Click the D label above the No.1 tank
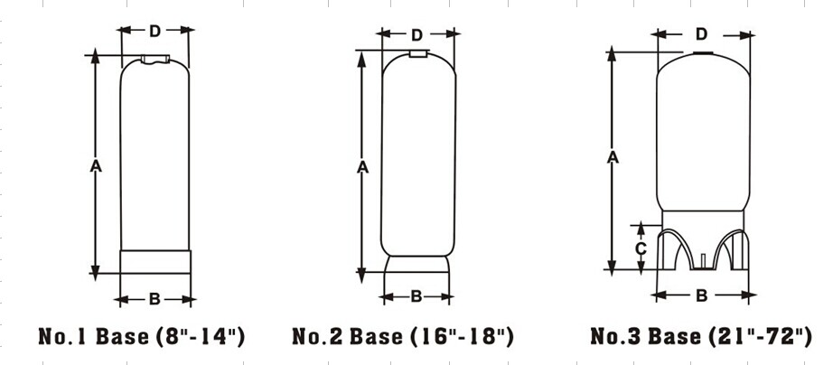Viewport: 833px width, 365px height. (154, 32)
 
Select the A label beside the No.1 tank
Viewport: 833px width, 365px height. (96, 167)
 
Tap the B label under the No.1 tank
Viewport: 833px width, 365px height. (154, 299)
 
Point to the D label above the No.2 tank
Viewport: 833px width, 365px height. (417, 35)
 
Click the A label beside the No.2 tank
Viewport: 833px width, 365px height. (362, 167)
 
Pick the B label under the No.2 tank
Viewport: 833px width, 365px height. (416, 296)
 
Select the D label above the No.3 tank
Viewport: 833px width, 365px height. (702, 34)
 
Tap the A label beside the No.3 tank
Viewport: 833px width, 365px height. (613, 157)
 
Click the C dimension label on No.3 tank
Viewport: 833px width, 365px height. (641, 248)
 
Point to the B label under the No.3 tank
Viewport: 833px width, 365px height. (702, 295)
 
